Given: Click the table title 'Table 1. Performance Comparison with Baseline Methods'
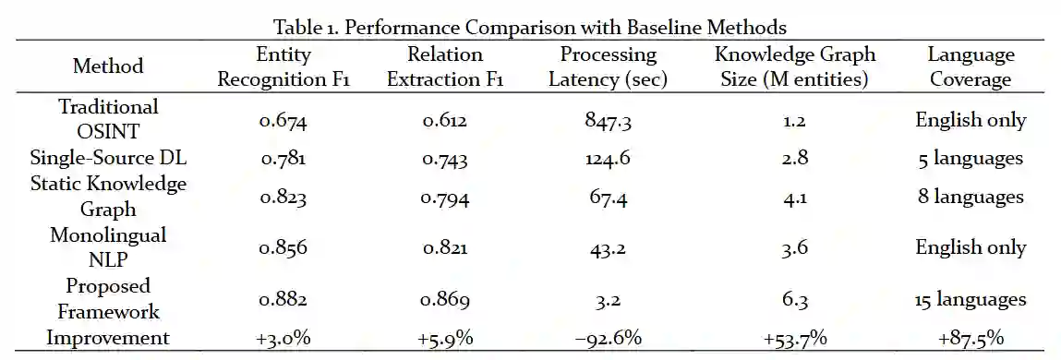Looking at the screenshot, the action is [530, 27].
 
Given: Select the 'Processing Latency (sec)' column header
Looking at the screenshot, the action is [607, 67].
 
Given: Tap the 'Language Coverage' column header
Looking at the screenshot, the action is [971, 67].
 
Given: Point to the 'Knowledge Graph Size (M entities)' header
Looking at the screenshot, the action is [795, 67].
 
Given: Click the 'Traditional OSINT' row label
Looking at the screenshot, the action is [108, 118].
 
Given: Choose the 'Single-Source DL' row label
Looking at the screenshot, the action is [108, 159].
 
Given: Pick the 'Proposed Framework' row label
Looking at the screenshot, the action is [108, 298].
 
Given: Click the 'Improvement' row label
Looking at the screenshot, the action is [108, 337].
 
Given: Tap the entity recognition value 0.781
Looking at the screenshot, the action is [282, 159].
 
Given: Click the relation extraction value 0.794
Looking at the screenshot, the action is [444, 198].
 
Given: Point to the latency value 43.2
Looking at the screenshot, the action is [608, 248].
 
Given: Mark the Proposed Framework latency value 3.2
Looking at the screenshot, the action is [608, 300].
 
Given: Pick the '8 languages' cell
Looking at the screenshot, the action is [971, 198].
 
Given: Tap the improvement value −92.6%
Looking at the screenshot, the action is [608, 339].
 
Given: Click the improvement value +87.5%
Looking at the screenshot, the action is [971, 339].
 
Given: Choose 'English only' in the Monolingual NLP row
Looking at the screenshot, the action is [971, 247].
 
